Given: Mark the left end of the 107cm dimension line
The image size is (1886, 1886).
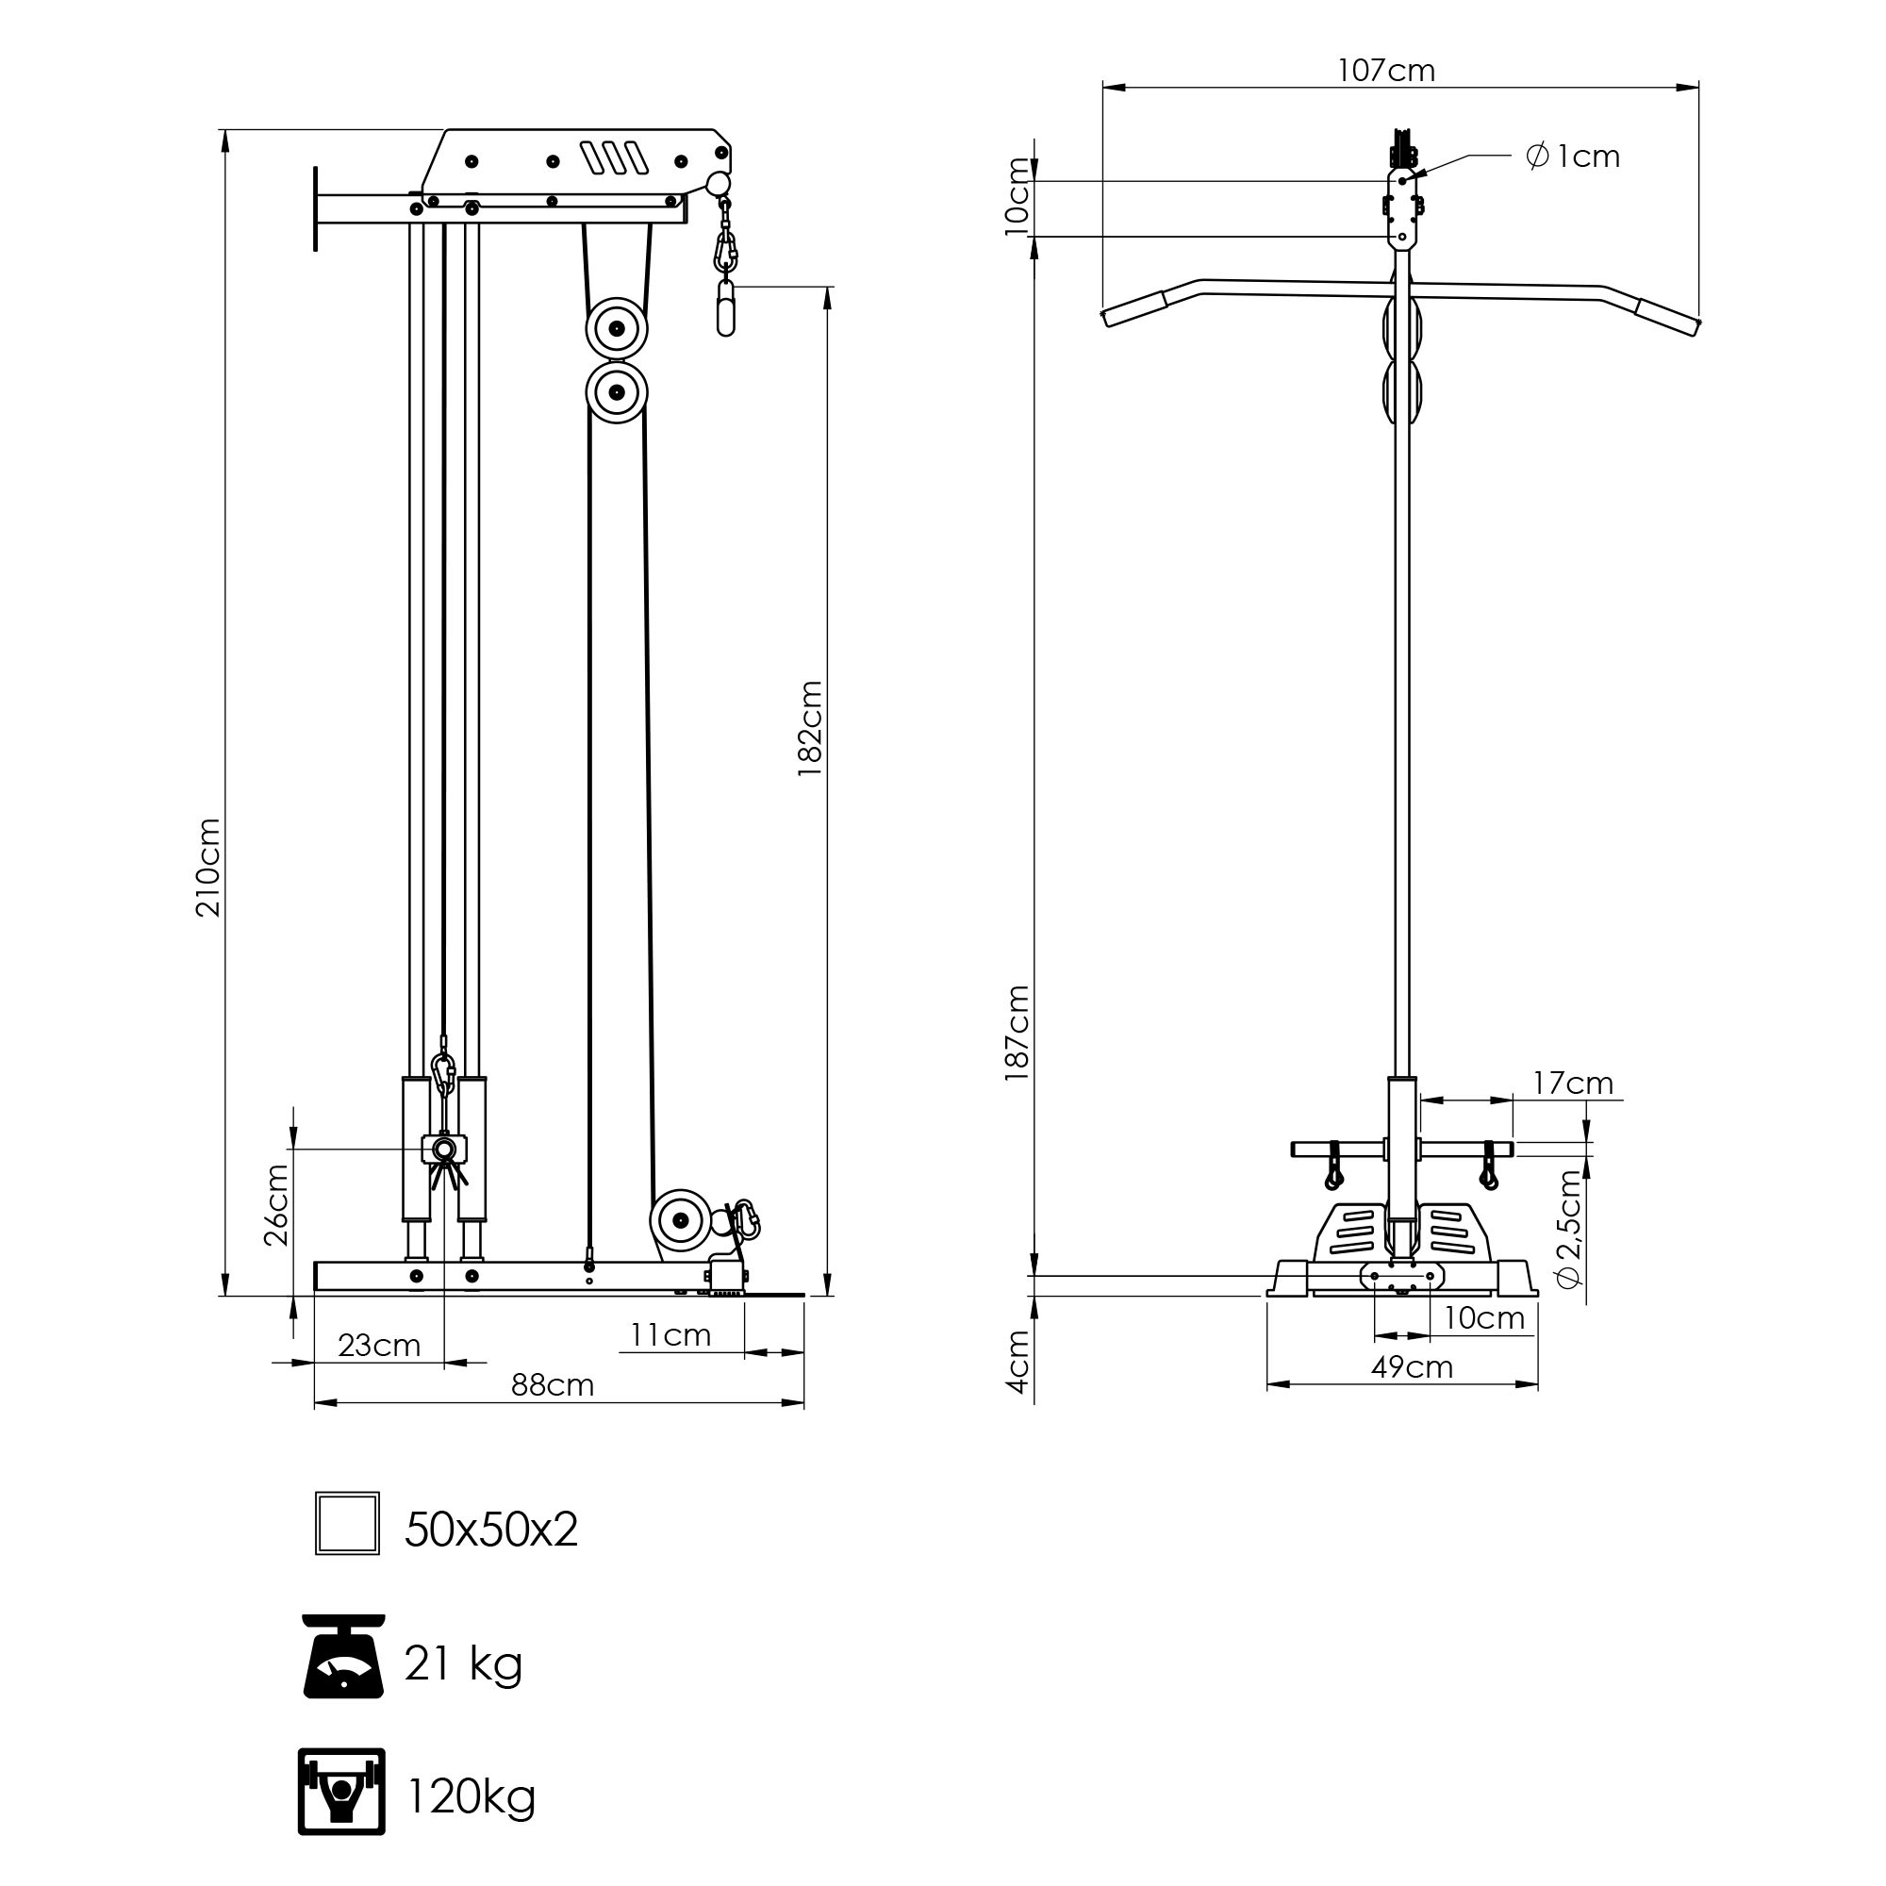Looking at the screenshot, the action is (x=1103, y=88).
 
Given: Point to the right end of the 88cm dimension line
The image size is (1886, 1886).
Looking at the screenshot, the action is (x=804, y=1403).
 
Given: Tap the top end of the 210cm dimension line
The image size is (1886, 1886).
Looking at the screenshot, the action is (x=225, y=130).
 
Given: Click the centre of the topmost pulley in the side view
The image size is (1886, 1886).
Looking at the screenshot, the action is (x=617, y=329).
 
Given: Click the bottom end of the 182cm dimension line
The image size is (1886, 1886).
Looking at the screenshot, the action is (x=828, y=1296).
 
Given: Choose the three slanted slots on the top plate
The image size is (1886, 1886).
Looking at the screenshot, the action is (x=614, y=157).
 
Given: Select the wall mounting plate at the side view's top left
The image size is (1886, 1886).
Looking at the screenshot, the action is (x=315, y=207).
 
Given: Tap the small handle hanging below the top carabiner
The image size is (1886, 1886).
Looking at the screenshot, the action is (x=725, y=307).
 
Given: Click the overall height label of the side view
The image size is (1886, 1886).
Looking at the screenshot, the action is (x=207, y=867).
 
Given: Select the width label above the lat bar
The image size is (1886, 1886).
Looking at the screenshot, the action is (x=1386, y=71).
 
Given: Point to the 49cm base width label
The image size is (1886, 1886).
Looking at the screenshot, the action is (x=1412, y=1367).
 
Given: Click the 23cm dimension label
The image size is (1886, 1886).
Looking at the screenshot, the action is (x=379, y=1346).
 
